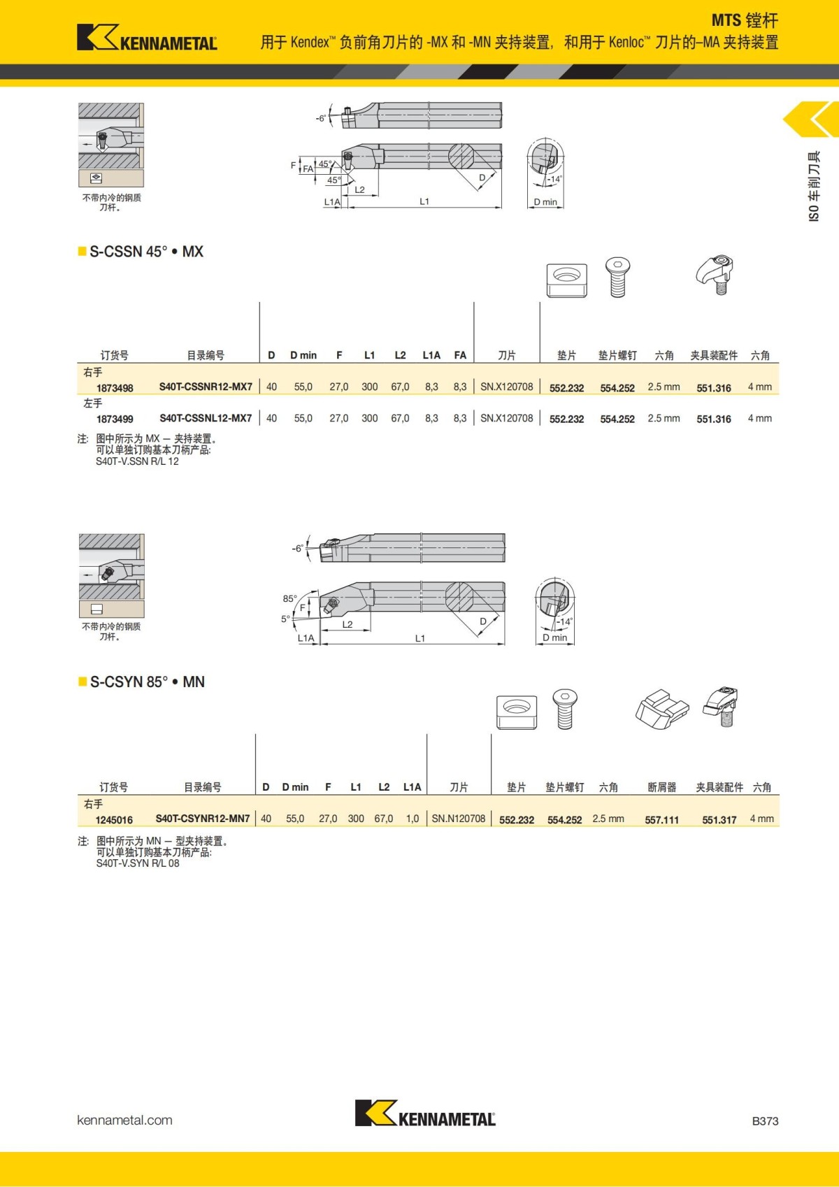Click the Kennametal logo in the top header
coord(147,38)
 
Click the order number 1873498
coord(115,388)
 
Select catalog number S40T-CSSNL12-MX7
coord(206,418)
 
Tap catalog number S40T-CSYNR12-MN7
coord(202,819)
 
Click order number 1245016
coord(114,819)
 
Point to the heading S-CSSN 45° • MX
coord(146,252)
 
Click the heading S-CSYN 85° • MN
coord(147,682)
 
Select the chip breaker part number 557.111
coord(661,819)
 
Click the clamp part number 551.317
coord(719,819)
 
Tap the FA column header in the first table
coord(459,355)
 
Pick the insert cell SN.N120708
coord(458,819)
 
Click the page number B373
coord(765,1121)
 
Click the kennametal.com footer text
coord(124,1120)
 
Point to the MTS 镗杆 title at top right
coord(744,20)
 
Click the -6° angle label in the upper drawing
coord(320,119)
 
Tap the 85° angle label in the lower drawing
coord(289,598)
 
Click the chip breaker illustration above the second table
coord(661,707)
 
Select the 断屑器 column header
coord(661,787)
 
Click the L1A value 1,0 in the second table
coord(412,819)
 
